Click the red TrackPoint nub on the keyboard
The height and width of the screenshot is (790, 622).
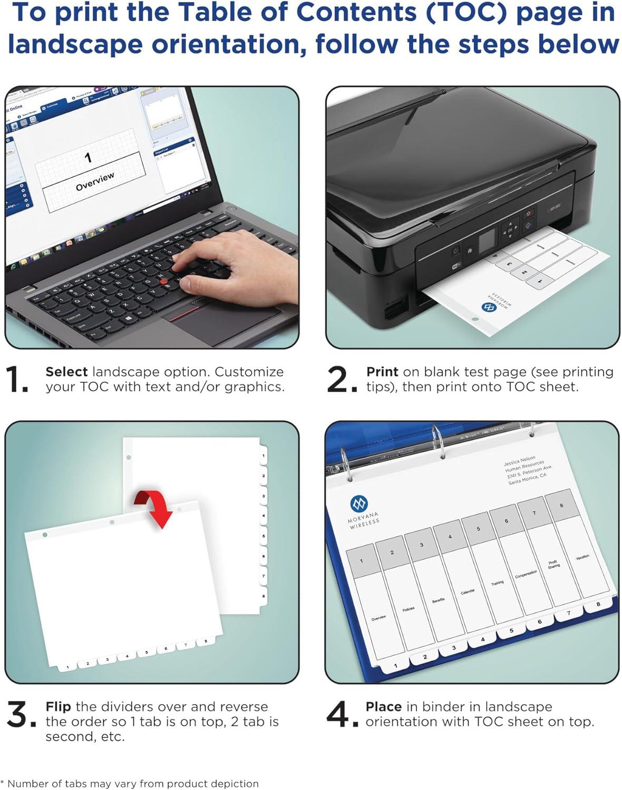click(164, 282)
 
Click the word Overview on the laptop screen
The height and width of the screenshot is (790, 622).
click(95, 181)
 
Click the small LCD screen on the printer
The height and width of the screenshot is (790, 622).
click(488, 240)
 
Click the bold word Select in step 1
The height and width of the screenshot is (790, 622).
click(66, 372)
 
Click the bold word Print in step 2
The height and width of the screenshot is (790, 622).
click(382, 372)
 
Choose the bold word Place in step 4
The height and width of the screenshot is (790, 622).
click(384, 707)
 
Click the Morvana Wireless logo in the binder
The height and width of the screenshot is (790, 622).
click(359, 504)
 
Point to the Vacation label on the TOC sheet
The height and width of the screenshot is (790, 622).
click(582, 557)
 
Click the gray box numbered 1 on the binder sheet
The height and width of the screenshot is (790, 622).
click(362, 560)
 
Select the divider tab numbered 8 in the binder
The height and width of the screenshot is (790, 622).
click(598, 605)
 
